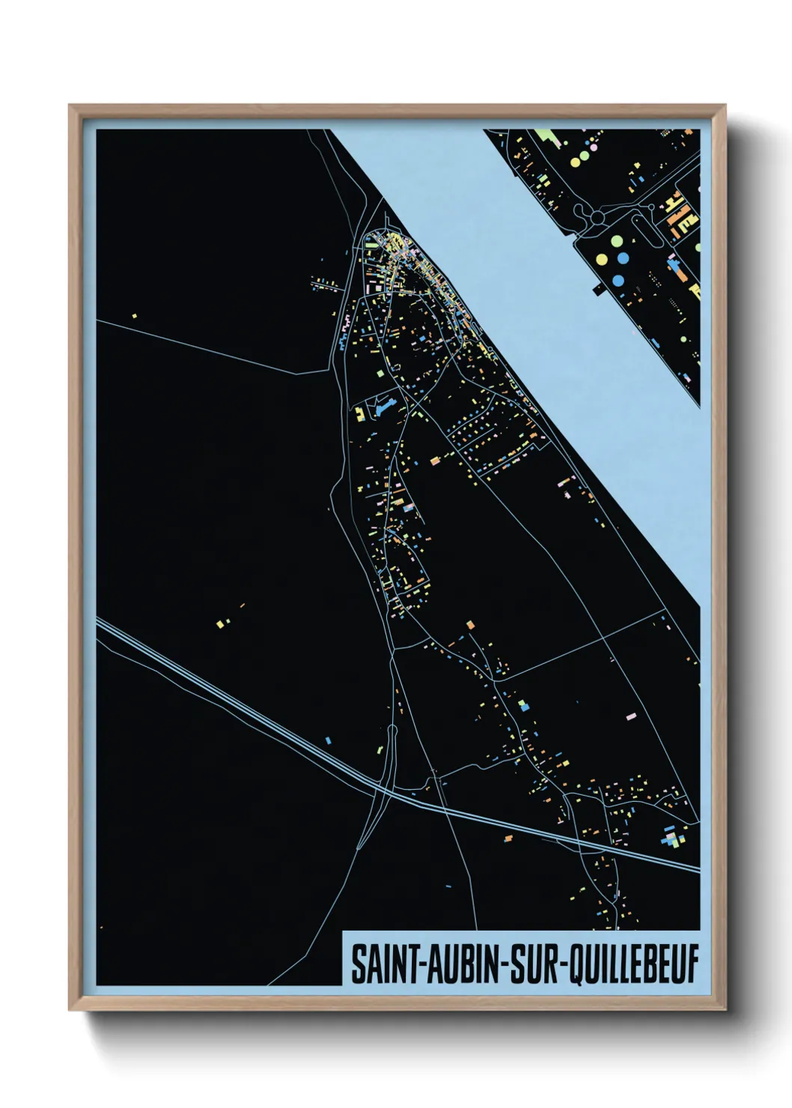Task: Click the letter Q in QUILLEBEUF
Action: tap(579, 965)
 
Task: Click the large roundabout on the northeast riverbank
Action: tap(597, 218)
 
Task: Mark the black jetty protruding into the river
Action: tap(600, 288)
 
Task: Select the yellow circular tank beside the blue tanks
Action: tap(602, 259)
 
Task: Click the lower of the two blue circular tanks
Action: tap(618, 280)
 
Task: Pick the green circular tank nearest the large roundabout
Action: tap(617, 241)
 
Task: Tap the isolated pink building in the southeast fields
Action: tap(630, 716)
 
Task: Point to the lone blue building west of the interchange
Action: tap(328, 740)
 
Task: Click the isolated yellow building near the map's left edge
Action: tap(135, 316)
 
